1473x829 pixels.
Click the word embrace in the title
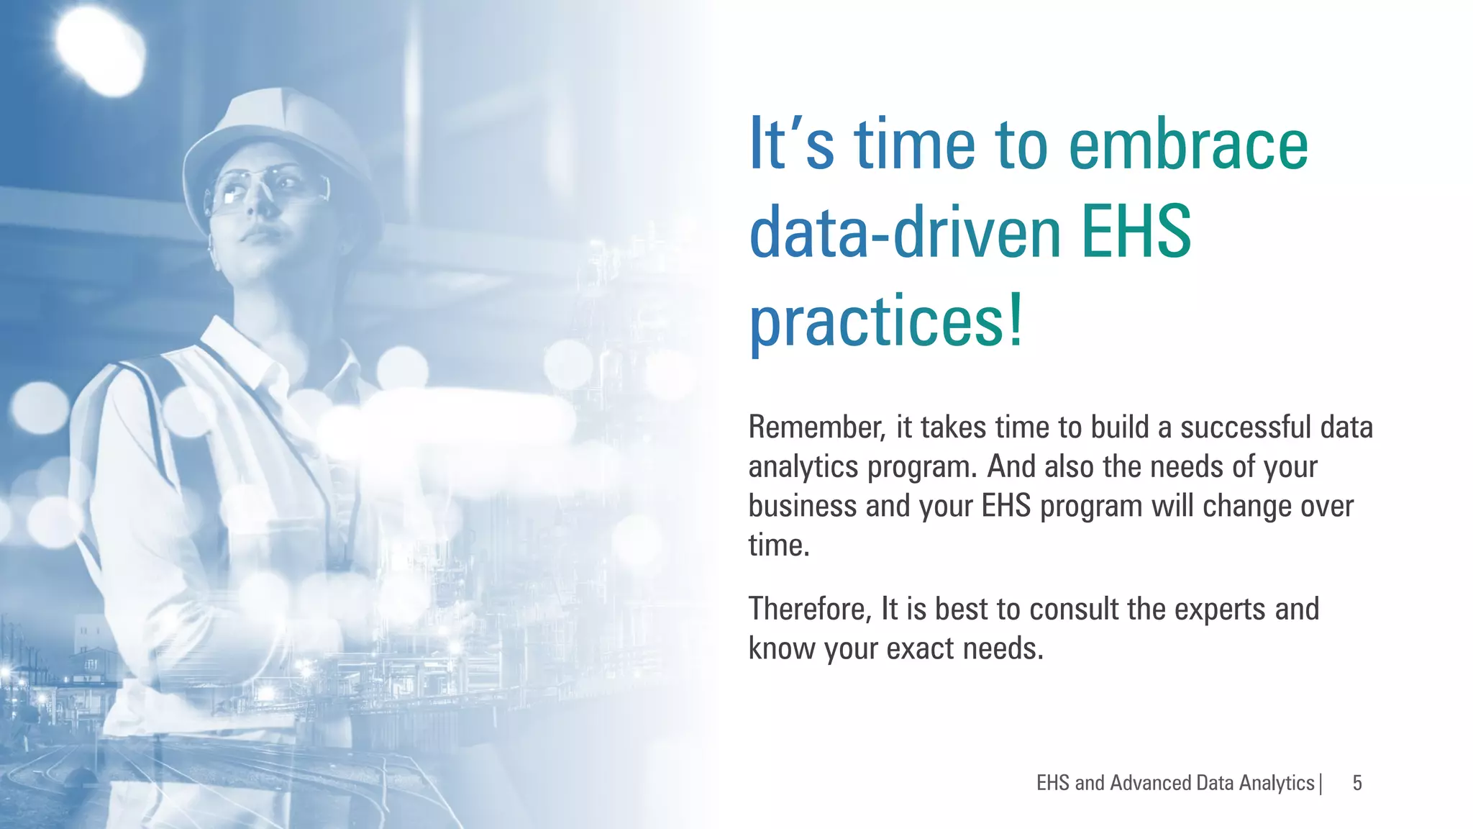tap(1188, 146)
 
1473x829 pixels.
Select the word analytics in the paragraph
tap(803, 467)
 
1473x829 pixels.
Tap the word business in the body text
tap(803, 506)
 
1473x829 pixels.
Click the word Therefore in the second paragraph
tap(810, 610)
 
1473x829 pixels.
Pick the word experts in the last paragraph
tap(1220, 610)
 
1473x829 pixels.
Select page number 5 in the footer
tap(1357, 783)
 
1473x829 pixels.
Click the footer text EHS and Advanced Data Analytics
tap(1175, 783)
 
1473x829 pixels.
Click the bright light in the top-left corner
tap(97, 50)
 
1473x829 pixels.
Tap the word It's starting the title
tap(791, 146)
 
